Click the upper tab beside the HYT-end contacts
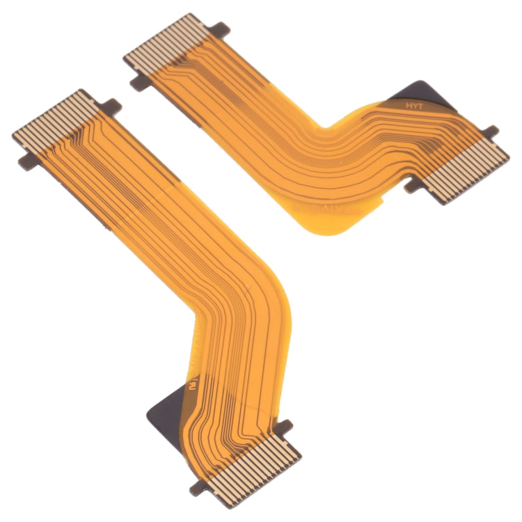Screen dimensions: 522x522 click(489, 131)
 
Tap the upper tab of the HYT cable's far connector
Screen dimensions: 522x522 click(220, 29)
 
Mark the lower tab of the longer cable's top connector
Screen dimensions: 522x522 click(26, 163)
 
